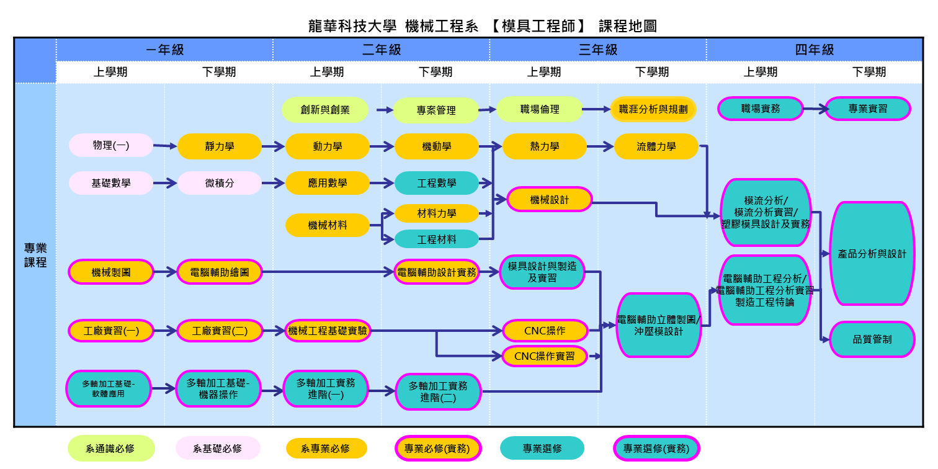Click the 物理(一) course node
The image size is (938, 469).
pos(111,146)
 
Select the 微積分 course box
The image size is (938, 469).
pos(220,184)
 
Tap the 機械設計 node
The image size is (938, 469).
pos(550,200)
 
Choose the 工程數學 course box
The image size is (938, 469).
pos(437,184)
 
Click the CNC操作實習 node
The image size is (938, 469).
pos(545,356)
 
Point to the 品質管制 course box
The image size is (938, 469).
pos(872,339)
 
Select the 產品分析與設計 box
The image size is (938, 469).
pos(872,254)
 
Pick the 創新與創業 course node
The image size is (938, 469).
pos(325,110)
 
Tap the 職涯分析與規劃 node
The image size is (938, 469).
pos(653,109)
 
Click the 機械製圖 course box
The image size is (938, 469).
pos(111,272)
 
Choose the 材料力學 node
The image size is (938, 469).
pos(437,213)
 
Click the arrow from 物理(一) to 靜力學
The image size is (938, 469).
pos(165,146)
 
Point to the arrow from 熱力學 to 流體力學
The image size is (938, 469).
pos(601,147)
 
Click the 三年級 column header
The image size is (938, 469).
pos(598,50)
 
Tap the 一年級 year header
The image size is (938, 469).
pos(165,50)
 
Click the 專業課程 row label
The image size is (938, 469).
pos(35,255)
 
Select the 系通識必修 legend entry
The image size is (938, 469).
pos(111,449)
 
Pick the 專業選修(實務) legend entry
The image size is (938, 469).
pos(656,449)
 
